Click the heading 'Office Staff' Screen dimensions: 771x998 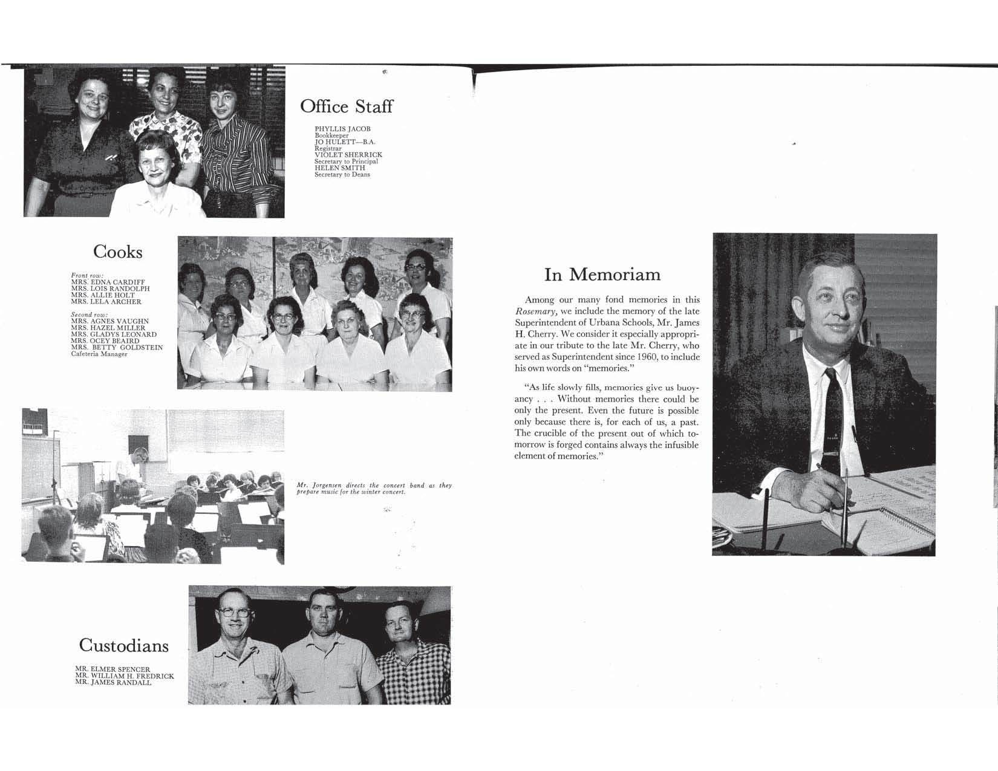(346, 107)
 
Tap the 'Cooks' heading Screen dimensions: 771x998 (117, 252)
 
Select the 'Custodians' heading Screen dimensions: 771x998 (123, 645)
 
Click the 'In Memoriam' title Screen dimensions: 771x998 (602, 275)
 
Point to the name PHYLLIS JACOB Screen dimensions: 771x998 (342, 129)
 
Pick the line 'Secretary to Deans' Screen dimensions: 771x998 (342, 175)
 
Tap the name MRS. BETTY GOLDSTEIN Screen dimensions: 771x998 (117, 348)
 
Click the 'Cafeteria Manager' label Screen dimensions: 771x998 (99, 354)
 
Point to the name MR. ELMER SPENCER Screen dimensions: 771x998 (113, 669)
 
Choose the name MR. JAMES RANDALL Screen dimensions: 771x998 (113, 683)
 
